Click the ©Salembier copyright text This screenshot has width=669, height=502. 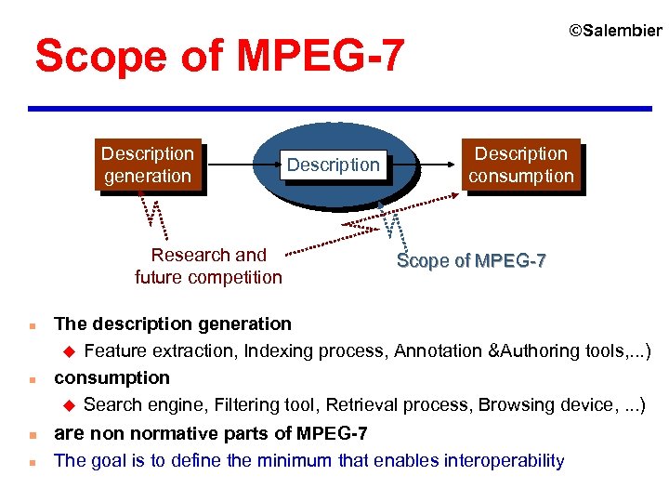point(615,32)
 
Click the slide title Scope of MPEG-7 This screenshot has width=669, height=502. point(219,57)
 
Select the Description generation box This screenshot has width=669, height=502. point(148,165)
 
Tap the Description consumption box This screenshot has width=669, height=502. point(521,165)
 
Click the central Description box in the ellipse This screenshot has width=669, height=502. point(333,165)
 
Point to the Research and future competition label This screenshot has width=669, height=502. point(208,266)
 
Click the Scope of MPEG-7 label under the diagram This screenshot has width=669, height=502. point(471,261)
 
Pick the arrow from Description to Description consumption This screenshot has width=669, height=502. point(424,164)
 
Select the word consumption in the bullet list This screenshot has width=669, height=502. point(111,377)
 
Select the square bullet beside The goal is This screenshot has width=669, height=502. point(33,461)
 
